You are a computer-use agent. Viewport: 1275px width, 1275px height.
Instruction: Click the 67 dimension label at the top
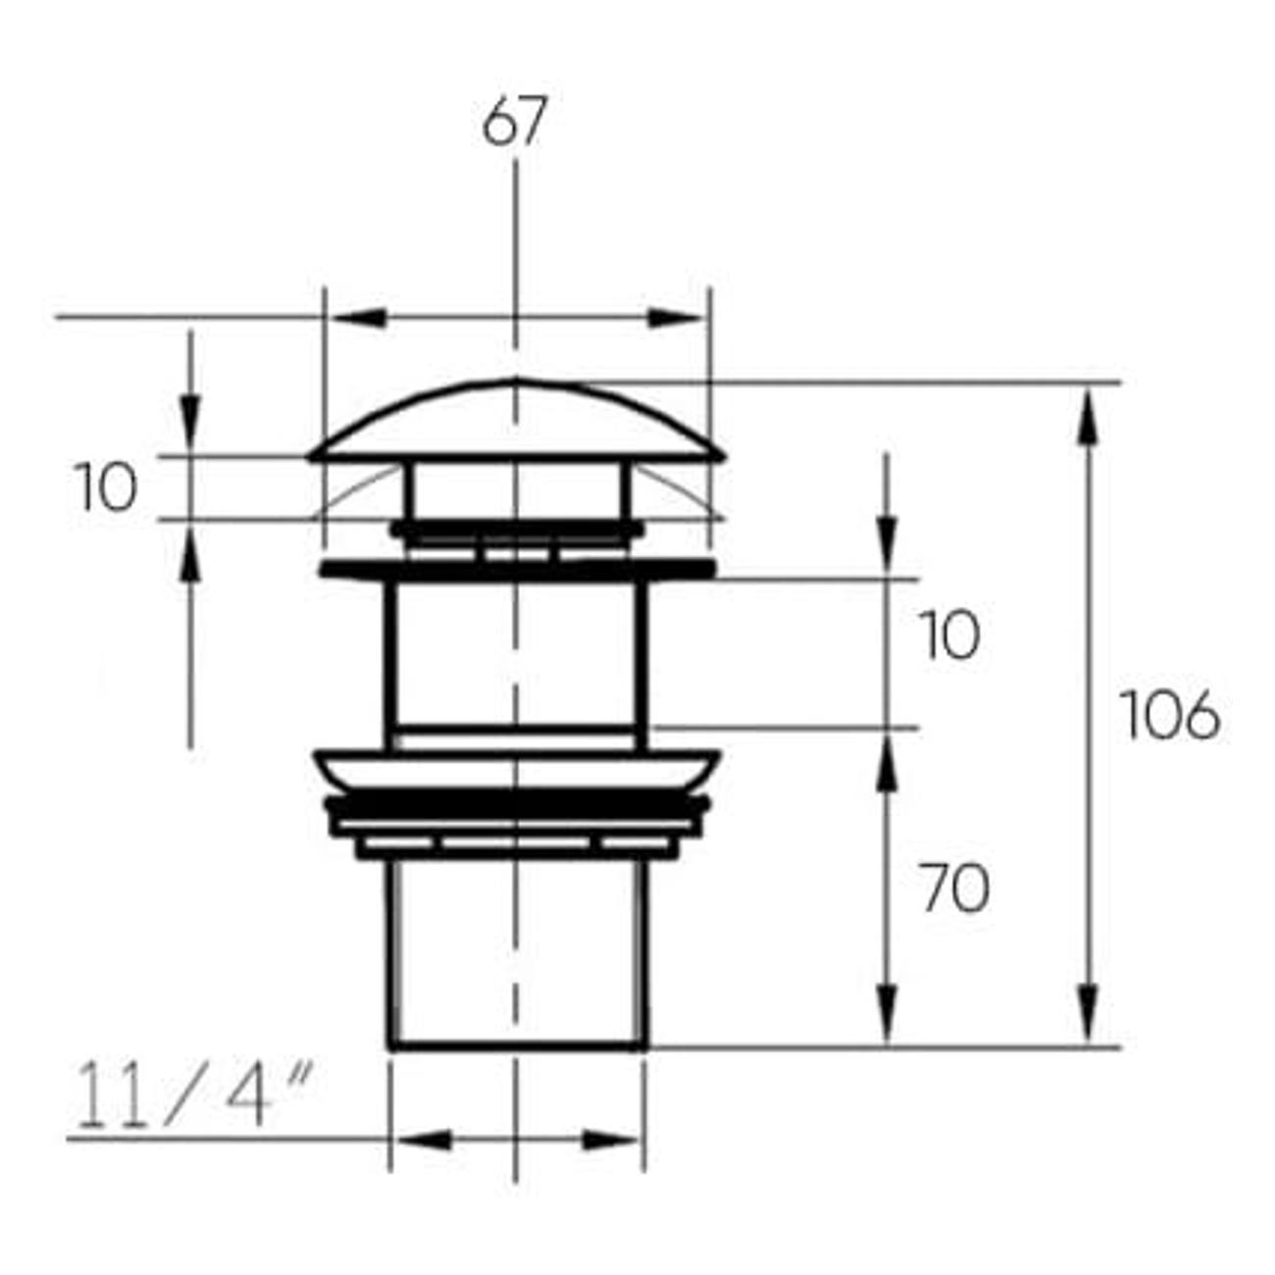click(x=515, y=121)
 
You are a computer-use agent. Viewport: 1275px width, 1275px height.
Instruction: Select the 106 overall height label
click(x=1170, y=715)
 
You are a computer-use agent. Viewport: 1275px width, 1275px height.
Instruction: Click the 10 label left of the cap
click(x=106, y=487)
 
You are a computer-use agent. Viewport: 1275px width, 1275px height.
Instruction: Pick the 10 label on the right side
click(x=948, y=636)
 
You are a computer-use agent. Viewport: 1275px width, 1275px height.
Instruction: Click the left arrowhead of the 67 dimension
click(x=358, y=318)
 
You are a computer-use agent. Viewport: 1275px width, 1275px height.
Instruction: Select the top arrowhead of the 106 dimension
click(x=1089, y=418)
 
